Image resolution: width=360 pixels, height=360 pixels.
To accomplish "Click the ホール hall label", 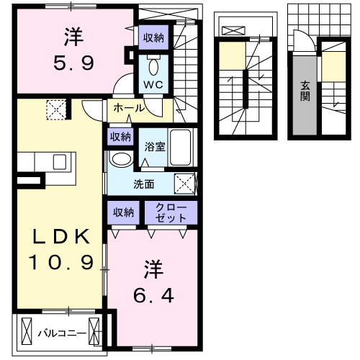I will (x=130, y=109).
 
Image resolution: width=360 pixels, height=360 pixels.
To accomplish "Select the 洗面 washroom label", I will (x=143, y=184).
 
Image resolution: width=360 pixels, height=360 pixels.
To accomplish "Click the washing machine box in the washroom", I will (x=184, y=184).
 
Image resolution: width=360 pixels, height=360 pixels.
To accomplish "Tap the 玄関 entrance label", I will (x=305, y=88).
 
